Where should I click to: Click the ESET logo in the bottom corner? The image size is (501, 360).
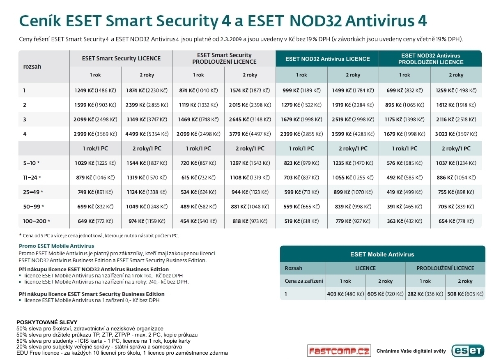coord(468,350)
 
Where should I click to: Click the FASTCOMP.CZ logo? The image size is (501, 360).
coord(339,351)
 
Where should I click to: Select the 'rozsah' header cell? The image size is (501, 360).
coord(32,66)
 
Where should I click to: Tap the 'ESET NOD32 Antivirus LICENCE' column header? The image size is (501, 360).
coord(327,58)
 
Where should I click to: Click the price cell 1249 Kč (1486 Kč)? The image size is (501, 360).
coord(95,90)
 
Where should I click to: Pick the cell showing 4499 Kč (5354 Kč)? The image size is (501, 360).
coord(147,134)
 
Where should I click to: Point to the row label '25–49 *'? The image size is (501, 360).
coord(33,192)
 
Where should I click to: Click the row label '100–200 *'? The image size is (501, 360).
coord(37,221)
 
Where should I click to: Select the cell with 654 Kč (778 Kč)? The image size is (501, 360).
coord(456,221)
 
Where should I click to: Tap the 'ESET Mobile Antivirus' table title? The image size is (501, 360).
coord(382,254)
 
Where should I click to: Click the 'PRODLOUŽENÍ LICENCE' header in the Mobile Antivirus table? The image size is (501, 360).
coord(445,268)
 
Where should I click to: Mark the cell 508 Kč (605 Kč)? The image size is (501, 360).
coord(465,294)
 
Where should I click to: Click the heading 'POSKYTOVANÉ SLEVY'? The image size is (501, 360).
coord(47,322)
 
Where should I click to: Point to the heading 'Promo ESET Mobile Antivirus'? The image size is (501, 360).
coord(56,246)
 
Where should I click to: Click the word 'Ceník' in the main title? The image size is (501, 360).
coord(38,21)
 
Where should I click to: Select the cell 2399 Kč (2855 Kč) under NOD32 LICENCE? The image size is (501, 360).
coord(301,134)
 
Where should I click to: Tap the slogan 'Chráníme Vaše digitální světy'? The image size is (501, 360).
coord(411,351)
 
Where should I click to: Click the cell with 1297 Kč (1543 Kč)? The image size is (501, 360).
coord(250,163)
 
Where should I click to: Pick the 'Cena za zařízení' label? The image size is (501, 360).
coord(304,281)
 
